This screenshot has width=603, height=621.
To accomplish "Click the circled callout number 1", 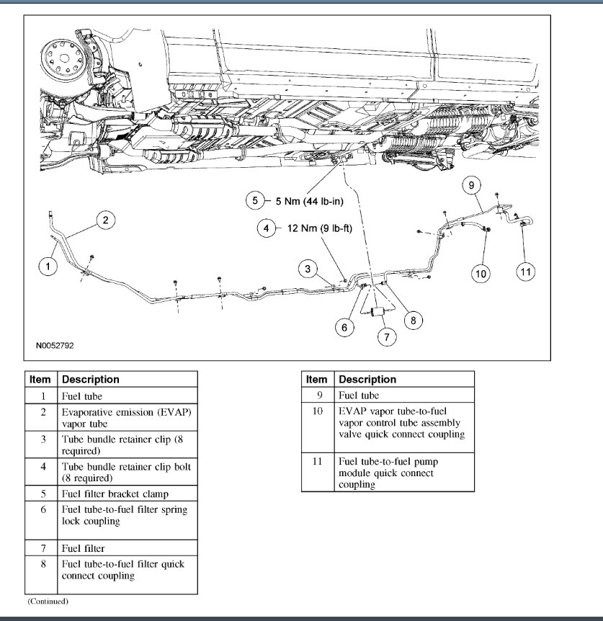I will (48, 267).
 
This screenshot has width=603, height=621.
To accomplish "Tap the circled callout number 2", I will (105, 220).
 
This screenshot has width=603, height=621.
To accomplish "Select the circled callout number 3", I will (308, 269).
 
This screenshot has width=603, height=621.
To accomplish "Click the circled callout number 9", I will (470, 186).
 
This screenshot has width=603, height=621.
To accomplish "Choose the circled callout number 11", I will (527, 272).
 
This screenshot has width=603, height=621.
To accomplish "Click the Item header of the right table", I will (316, 379).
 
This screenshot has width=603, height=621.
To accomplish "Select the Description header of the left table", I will (91, 379).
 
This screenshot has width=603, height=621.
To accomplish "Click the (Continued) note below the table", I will (48, 600).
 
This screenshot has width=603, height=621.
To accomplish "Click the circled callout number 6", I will (344, 327).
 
